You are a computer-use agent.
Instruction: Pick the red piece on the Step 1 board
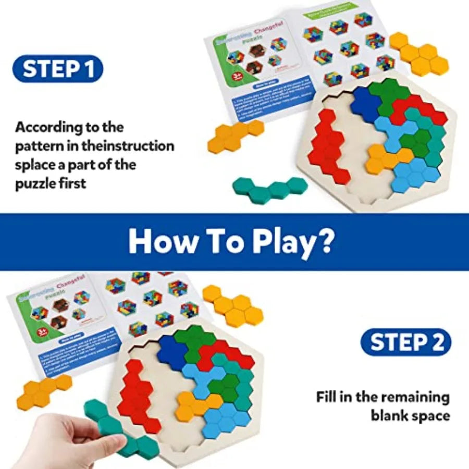pos(326,146)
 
